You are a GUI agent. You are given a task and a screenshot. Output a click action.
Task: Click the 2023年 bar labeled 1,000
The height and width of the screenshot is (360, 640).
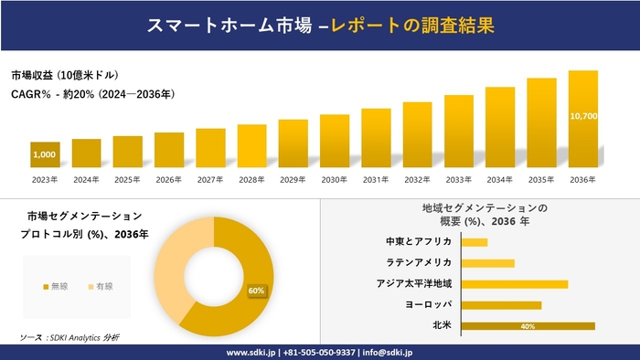(x=45, y=155)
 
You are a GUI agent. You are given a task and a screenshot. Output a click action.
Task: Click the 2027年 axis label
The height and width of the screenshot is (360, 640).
(x=210, y=179)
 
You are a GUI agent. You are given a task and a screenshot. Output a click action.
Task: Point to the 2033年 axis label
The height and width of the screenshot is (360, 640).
(x=459, y=179)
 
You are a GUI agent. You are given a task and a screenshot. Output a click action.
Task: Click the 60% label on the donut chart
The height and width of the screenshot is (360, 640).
(x=256, y=291)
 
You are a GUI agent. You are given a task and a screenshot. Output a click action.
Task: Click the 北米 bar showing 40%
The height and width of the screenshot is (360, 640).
(x=528, y=325)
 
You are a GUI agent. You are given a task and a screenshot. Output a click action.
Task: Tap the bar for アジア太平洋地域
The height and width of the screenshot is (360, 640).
(x=514, y=284)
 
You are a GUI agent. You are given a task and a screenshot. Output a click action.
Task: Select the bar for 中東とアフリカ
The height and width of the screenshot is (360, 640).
(x=475, y=242)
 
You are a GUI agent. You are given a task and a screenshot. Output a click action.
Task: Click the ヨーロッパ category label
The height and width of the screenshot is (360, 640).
(x=426, y=304)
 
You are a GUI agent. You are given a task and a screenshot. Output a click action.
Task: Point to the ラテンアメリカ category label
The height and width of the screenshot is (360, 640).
(x=419, y=263)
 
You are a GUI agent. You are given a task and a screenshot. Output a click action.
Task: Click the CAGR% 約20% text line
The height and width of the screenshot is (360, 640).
(x=92, y=94)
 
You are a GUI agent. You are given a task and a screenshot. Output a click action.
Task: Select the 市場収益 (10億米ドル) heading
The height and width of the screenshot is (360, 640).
(x=65, y=75)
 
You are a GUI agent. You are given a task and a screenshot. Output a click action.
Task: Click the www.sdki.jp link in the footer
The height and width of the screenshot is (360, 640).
(x=252, y=352)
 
